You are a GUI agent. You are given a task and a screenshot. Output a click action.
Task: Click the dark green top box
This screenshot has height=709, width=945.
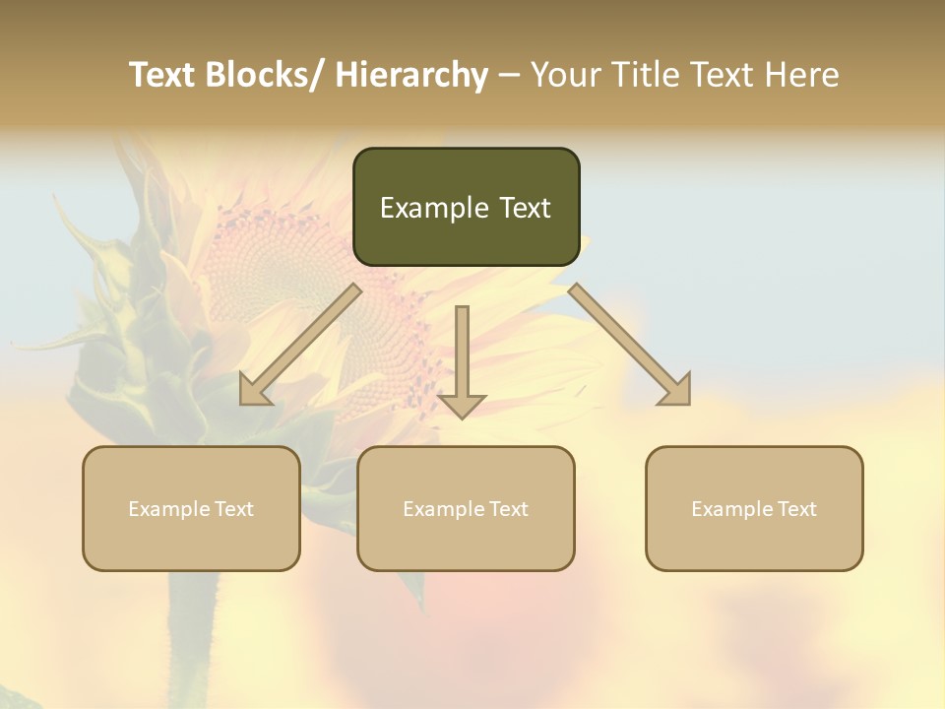466,207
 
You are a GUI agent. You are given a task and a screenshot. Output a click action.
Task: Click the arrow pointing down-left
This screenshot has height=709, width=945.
300,345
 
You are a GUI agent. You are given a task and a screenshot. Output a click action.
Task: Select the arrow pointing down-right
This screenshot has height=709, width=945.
630,345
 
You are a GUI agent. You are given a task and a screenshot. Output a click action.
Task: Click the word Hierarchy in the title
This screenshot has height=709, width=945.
410,75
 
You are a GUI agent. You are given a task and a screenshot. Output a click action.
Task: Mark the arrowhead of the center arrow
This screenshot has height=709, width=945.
462,405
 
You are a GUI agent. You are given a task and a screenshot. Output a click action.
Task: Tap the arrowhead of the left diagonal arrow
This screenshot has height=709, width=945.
255,389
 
